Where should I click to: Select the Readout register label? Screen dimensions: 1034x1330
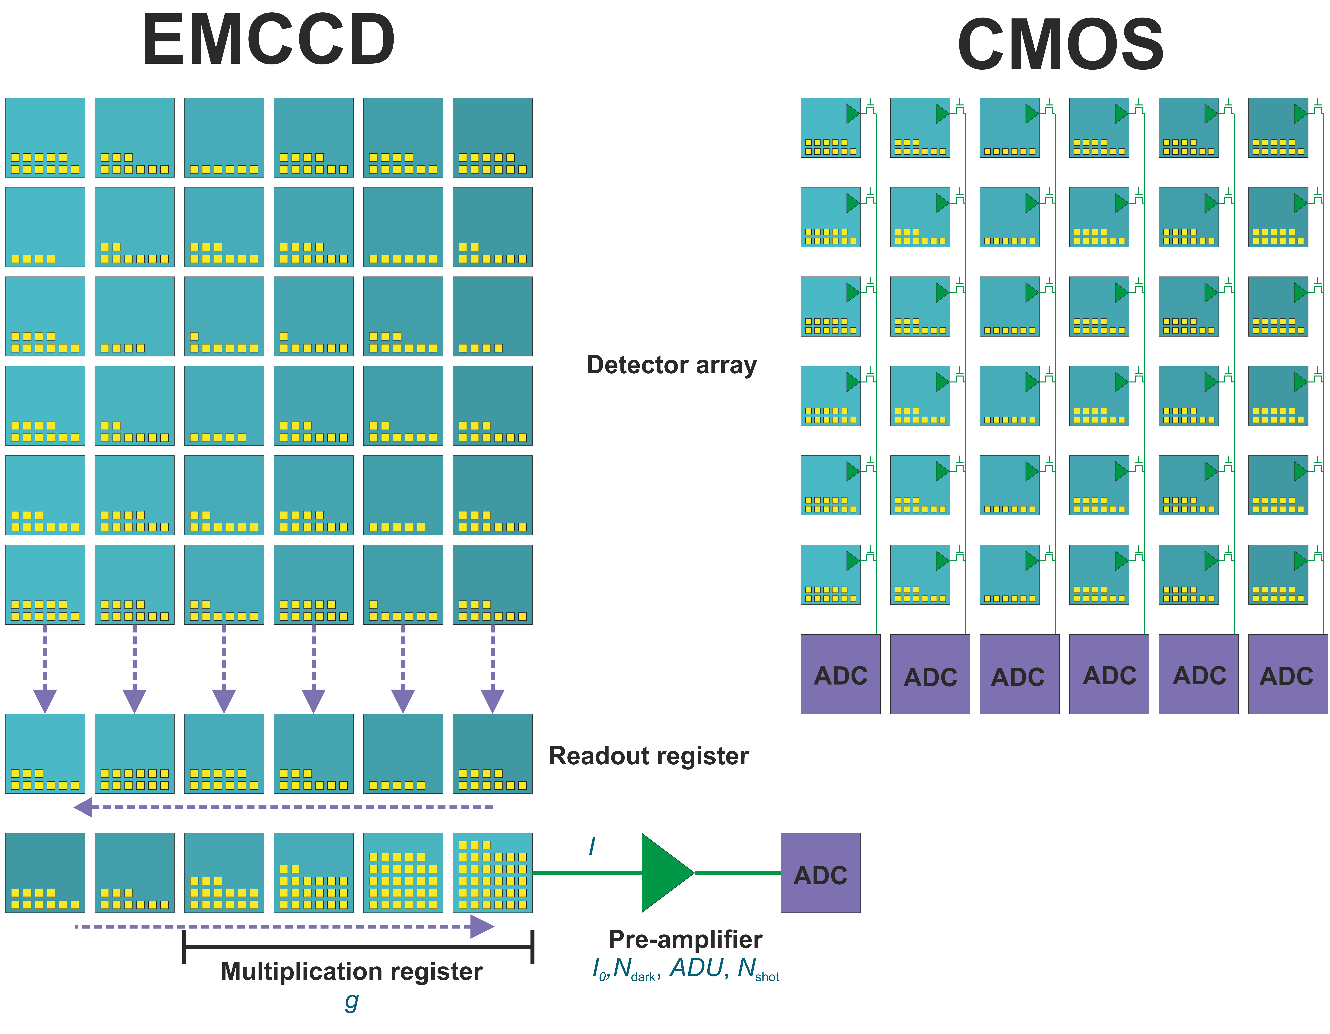[649, 756]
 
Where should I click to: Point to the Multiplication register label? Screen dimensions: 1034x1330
[351, 971]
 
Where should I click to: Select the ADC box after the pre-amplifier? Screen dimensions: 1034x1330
[820, 873]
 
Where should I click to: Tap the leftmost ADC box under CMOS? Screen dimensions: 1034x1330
[840, 674]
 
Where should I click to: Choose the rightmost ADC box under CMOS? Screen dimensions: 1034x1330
[1287, 674]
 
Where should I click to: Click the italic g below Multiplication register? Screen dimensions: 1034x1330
[351, 1001]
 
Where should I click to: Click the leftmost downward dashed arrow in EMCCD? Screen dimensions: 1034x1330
[45, 670]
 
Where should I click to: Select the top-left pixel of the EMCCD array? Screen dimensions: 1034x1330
[45, 137]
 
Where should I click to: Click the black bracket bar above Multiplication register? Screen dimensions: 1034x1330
[358, 947]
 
